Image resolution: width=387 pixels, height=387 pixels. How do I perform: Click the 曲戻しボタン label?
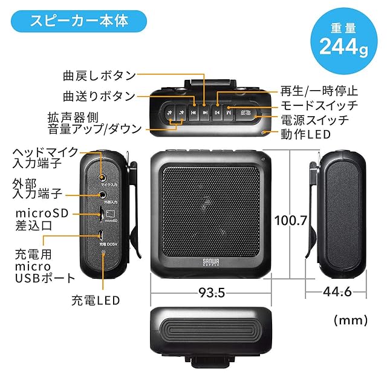(x=99, y=76)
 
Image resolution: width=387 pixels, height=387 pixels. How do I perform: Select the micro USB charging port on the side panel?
(x=102, y=235)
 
